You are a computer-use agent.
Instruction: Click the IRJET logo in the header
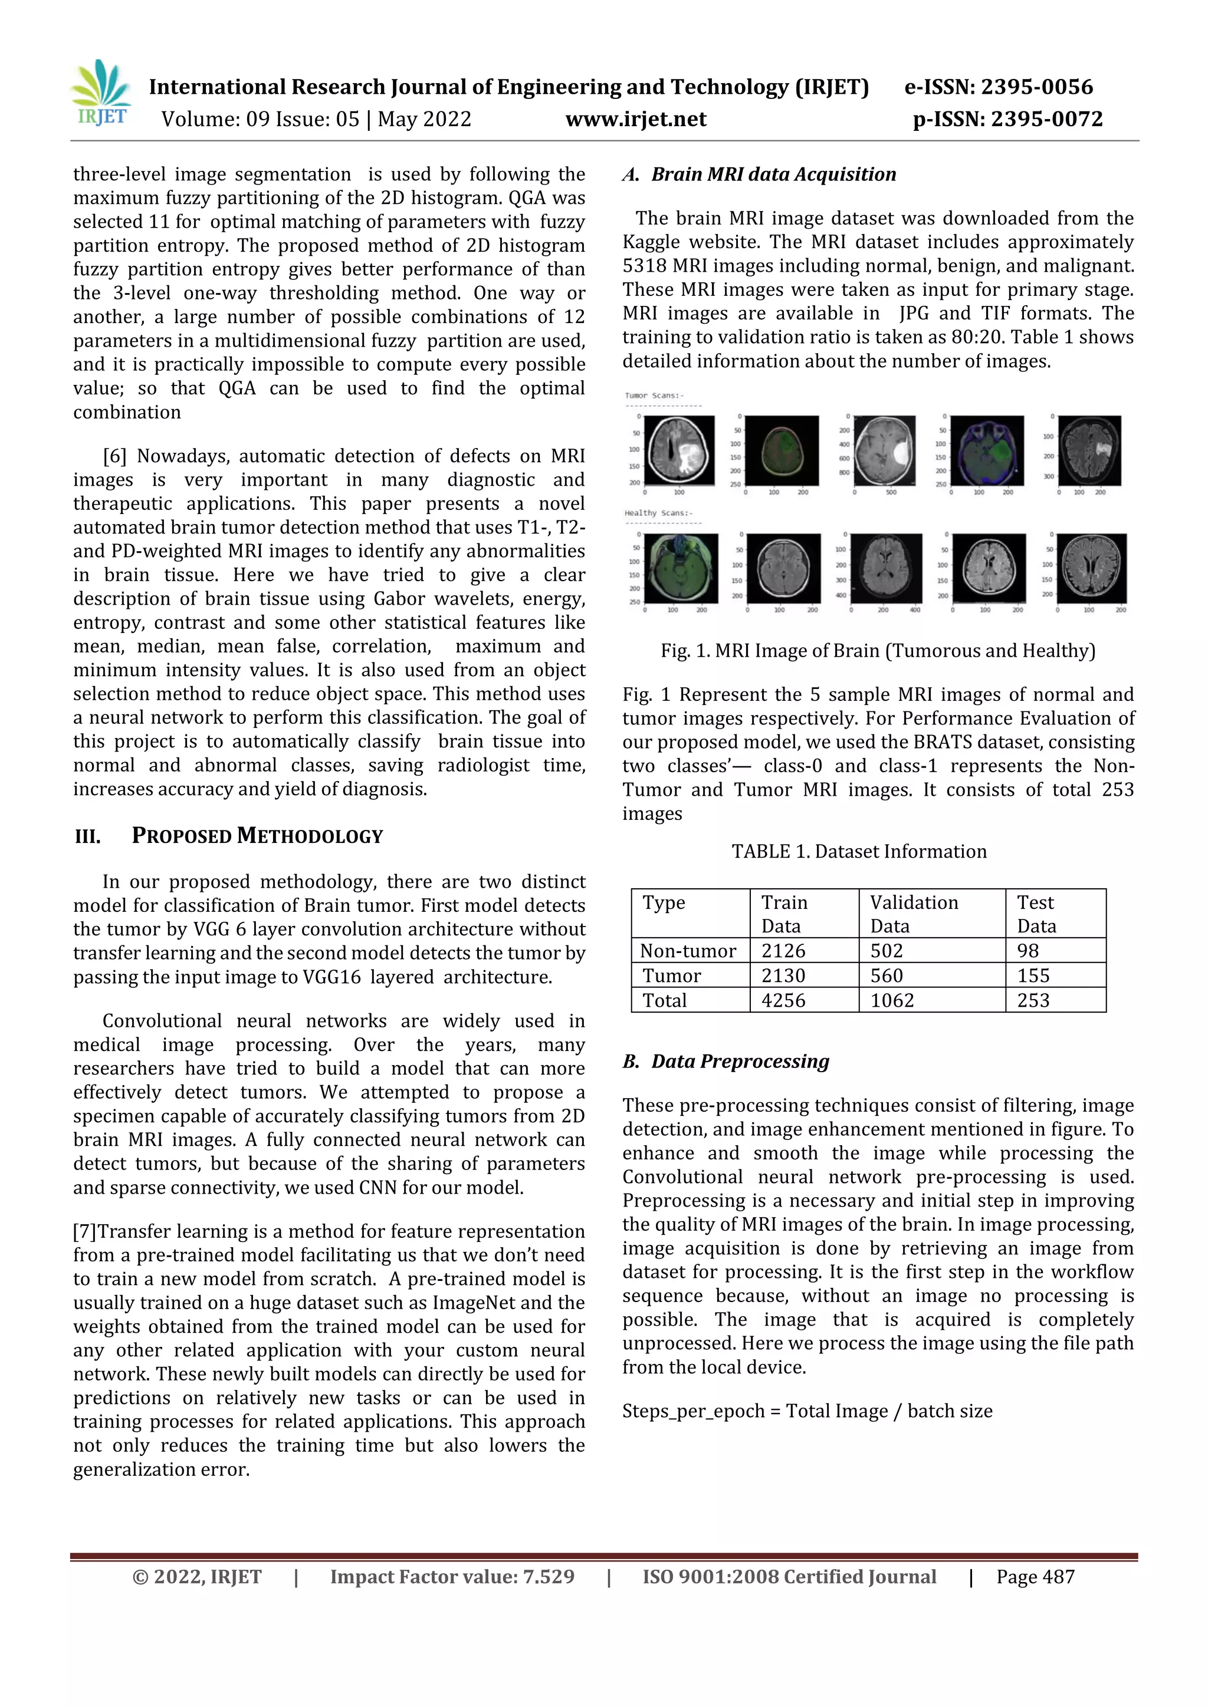coord(101,94)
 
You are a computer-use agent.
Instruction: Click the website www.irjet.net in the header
coord(635,119)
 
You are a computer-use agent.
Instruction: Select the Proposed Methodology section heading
coord(257,836)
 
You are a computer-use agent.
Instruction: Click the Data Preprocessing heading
coord(740,1061)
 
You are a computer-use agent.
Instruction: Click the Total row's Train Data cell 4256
coord(783,1001)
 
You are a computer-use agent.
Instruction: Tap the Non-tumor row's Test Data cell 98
coord(1028,951)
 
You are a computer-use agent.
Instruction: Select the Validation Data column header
coord(914,913)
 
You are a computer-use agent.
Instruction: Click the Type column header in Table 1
coord(664,902)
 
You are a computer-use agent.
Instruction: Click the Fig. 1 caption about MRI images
coord(878,651)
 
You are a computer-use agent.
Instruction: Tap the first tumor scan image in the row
coord(678,452)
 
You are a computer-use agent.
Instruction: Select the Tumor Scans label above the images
coord(654,396)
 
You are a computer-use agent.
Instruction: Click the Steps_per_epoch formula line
coord(807,1411)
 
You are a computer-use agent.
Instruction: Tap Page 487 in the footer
coord(1035,1577)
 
